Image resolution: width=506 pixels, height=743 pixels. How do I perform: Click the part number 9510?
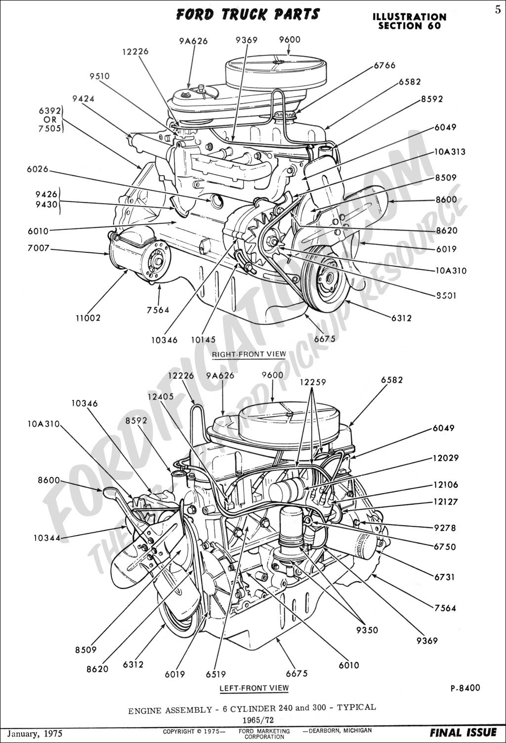click(x=99, y=76)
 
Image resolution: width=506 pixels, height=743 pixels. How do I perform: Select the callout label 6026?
click(x=38, y=169)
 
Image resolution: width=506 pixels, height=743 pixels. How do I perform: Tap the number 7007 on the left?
click(x=39, y=248)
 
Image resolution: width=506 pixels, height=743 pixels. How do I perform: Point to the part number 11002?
click(x=88, y=318)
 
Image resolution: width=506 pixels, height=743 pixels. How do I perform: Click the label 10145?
click(x=203, y=340)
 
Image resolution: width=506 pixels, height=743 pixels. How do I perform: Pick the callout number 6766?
click(x=385, y=65)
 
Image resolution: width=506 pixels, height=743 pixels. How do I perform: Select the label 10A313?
click(x=450, y=152)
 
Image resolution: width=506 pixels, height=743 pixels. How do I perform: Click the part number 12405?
click(x=161, y=396)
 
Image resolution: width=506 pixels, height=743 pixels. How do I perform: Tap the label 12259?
click(x=313, y=382)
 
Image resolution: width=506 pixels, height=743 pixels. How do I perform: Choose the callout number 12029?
click(x=446, y=458)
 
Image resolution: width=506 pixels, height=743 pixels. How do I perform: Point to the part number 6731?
click(x=444, y=577)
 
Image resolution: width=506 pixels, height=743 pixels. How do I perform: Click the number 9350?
click(x=367, y=630)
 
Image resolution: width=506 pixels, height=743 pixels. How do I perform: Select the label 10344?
click(x=47, y=538)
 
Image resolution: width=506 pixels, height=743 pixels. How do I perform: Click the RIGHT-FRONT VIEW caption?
click(x=249, y=354)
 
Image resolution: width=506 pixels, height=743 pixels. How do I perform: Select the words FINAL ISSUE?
click(x=463, y=733)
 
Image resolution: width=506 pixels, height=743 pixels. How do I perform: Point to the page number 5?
click(x=498, y=10)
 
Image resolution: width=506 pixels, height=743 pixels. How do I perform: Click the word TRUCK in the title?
click(x=244, y=15)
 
